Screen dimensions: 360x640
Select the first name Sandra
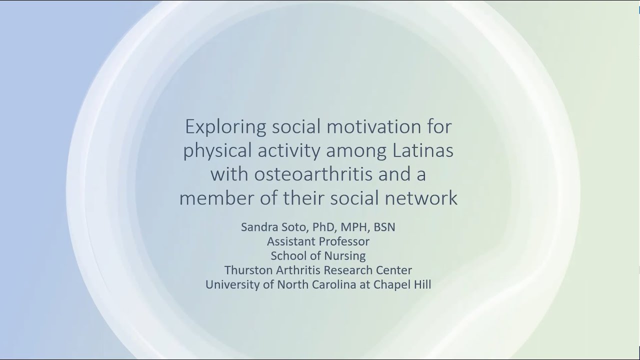click(x=258, y=227)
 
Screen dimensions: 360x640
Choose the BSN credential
click(x=384, y=227)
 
